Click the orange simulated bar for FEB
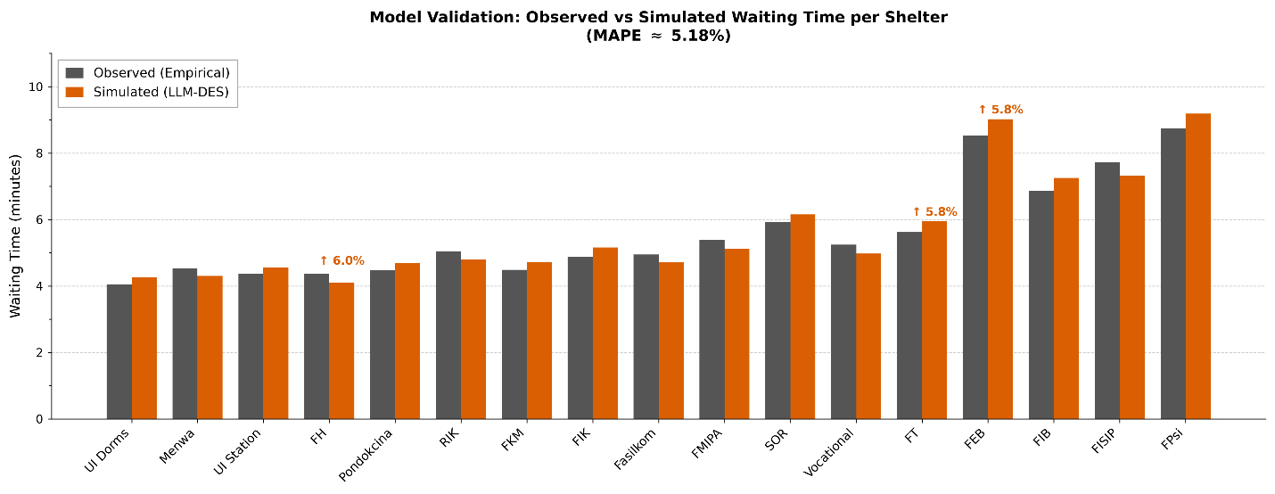[1000, 269]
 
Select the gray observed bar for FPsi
[1173, 274]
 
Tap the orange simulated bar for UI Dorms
[144, 349]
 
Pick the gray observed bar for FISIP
[1107, 291]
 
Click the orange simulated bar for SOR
[802, 317]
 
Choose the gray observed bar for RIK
[448, 335]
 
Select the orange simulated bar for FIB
[1066, 299]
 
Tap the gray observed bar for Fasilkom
[646, 337]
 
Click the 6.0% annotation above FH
[341, 260]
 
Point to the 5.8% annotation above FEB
[1000, 110]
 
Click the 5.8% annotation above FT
[935, 211]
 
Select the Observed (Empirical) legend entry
[147, 73]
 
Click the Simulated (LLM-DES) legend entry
[147, 92]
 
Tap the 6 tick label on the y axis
[39, 219]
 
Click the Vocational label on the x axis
[829, 452]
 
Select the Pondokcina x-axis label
[366, 455]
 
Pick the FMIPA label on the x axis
[706, 444]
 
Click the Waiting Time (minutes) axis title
[15, 236]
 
